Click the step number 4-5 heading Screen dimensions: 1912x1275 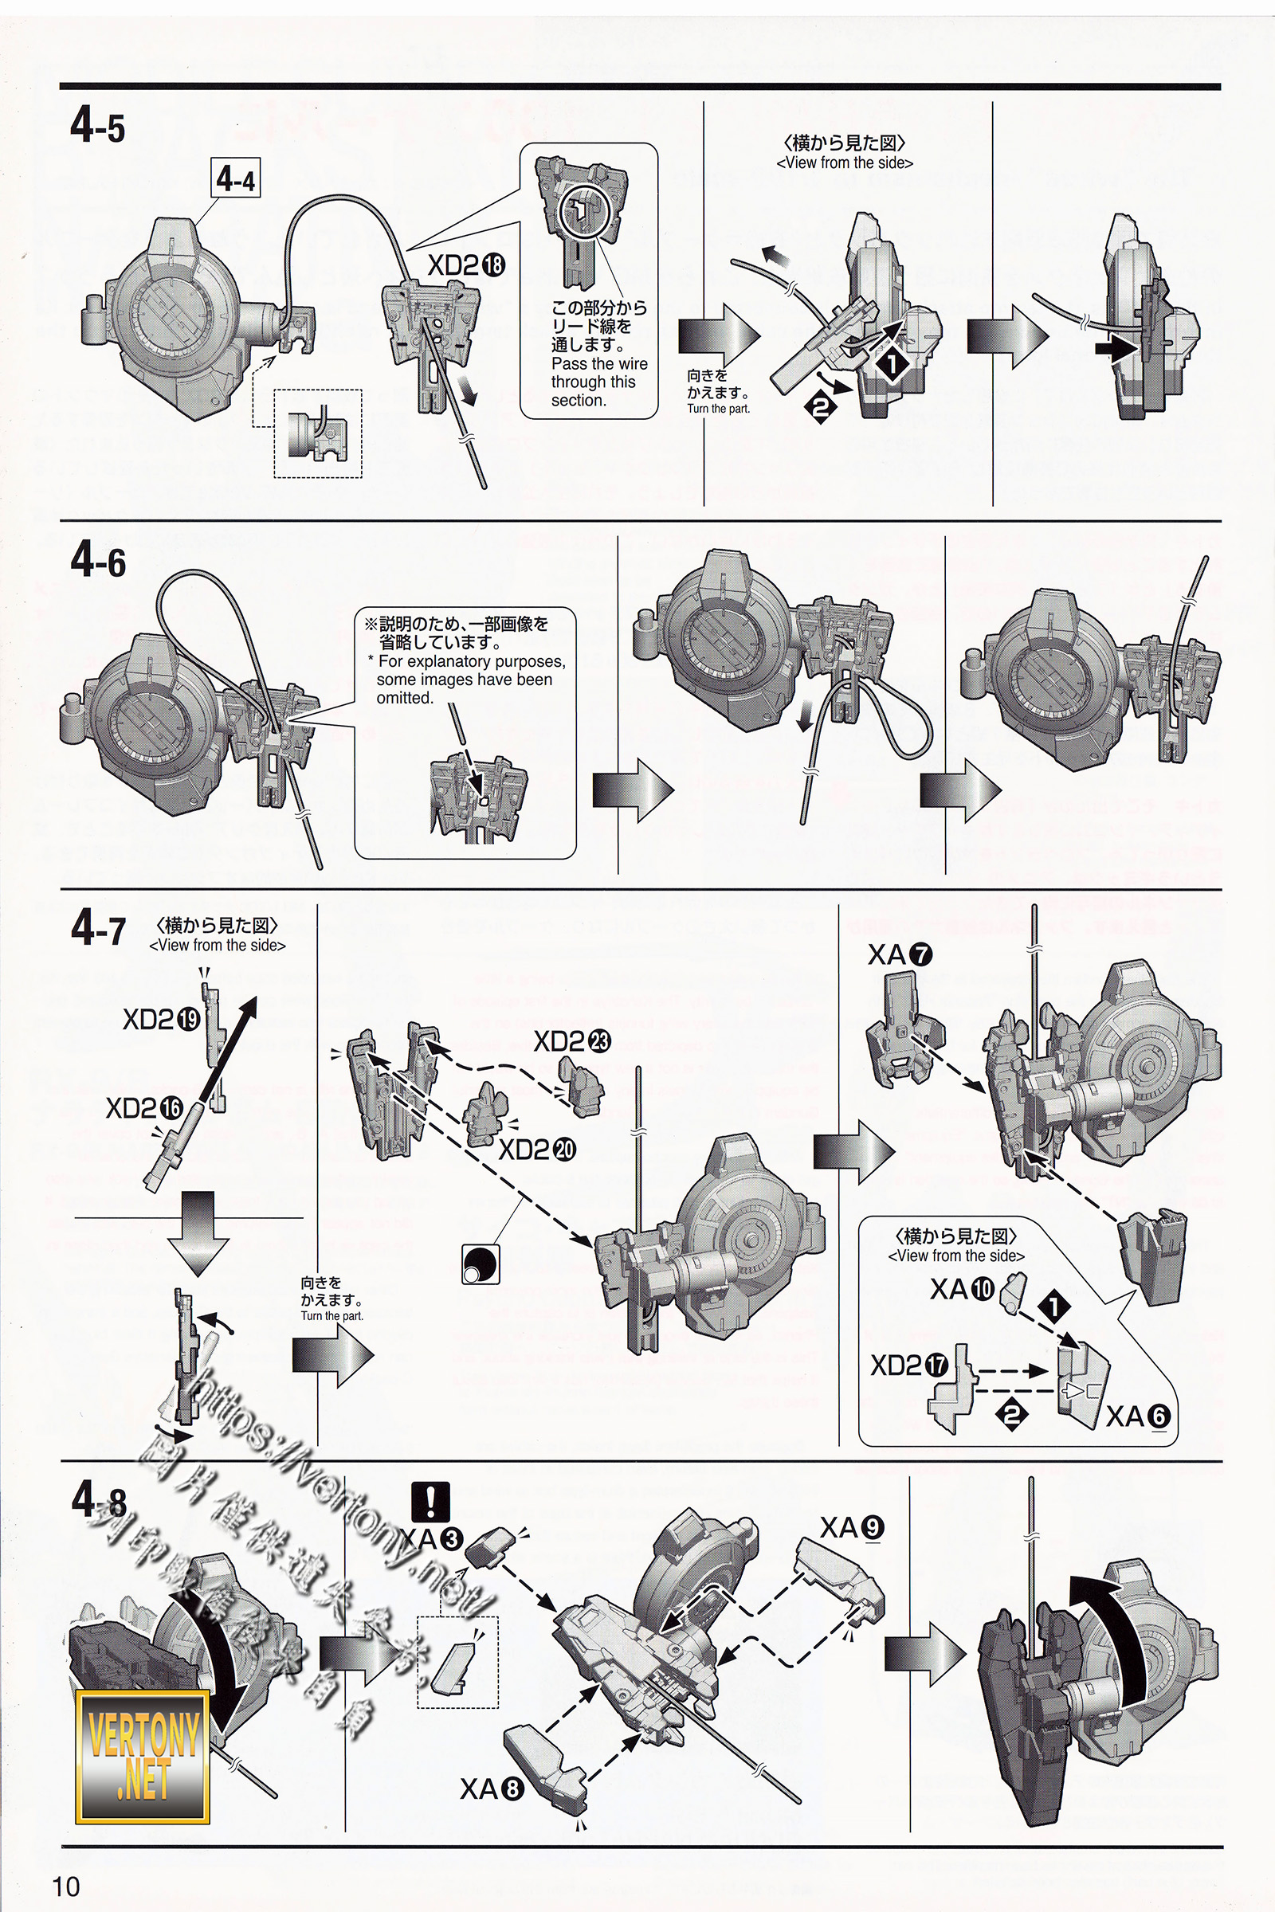[97, 128]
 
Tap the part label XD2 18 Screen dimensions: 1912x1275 [466, 265]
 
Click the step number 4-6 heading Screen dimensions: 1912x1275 [98, 560]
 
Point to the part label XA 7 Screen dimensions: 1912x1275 [900, 955]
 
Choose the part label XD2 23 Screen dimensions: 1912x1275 [571, 1041]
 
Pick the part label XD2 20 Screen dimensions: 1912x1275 [536, 1149]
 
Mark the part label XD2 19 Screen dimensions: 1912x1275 [161, 1019]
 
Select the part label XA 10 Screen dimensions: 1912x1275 [962, 1289]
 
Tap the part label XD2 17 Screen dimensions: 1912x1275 [909, 1365]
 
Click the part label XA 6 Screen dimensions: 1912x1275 [1138, 1417]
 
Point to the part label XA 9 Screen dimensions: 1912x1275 [851, 1528]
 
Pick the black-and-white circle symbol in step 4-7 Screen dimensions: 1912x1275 [480, 1264]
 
